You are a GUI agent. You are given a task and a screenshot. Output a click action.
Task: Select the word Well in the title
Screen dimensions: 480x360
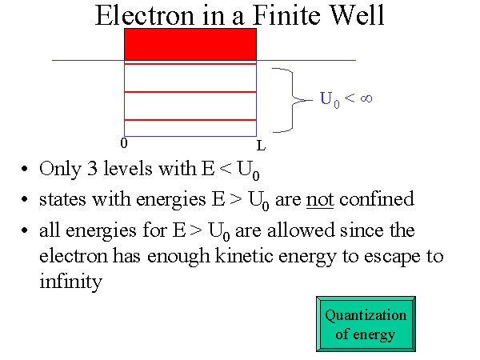[358, 15]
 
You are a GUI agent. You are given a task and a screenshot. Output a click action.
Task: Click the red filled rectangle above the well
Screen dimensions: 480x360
[190, 44]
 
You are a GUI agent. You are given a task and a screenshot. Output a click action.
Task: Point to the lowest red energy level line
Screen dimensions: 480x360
[190, 120]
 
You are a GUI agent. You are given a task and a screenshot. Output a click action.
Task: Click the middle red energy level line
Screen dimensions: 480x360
[190, 92]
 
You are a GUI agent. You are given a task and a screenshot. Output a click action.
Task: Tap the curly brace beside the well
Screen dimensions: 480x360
[292, 100]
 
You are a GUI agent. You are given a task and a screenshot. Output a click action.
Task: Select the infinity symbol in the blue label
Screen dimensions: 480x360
[366, 98]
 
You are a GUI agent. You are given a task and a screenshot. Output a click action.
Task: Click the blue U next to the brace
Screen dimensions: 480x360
[326, 98]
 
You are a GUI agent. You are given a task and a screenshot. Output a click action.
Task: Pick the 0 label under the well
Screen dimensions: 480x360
[124, 143]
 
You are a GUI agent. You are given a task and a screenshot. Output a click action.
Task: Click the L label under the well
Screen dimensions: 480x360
[261, 146]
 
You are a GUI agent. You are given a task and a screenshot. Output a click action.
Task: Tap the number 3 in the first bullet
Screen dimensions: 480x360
[92, 168]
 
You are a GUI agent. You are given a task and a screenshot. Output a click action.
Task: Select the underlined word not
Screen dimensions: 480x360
[320, 200]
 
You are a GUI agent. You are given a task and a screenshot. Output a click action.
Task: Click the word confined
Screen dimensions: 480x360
[377, 198]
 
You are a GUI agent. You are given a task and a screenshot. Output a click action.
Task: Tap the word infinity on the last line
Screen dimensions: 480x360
[70, 281]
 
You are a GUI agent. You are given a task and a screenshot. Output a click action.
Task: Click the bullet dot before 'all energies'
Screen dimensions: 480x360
[25, 230]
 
